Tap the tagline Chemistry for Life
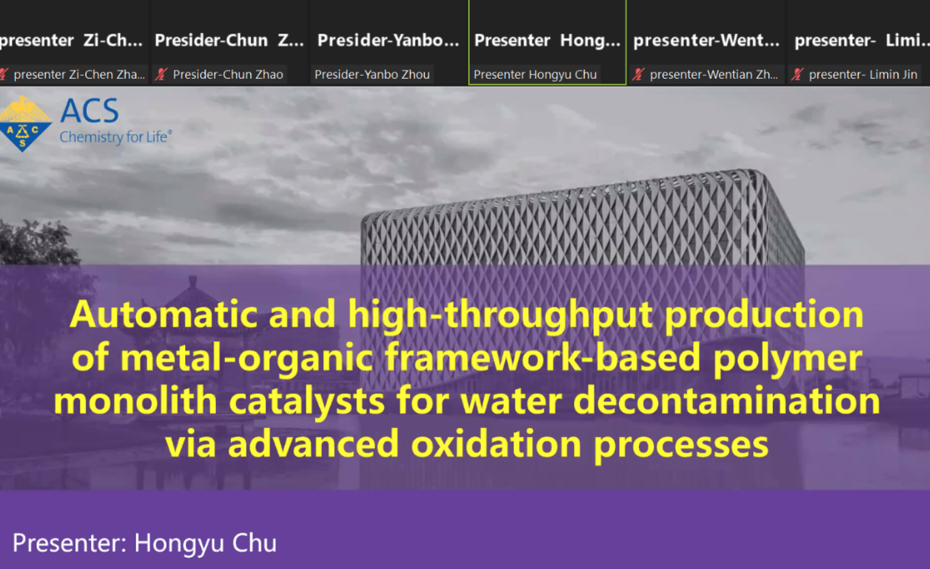116,137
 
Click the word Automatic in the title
164,315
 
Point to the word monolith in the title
135,401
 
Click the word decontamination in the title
726,401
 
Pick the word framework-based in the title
542,358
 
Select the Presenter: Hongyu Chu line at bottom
144,544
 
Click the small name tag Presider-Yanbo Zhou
372,75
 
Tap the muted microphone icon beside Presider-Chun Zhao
161,75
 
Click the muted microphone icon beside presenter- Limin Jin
797,75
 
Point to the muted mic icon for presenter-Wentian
638,75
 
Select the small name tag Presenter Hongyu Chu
535,75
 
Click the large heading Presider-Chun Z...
229,41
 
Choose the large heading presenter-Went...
706,41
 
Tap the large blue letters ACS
90,111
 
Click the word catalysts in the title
307,402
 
